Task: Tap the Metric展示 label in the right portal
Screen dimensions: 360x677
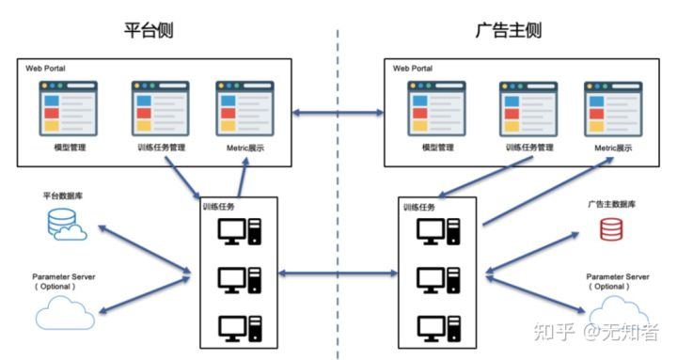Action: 612,149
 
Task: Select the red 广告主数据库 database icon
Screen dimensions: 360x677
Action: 612,228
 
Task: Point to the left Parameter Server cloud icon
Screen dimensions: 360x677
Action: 64,311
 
